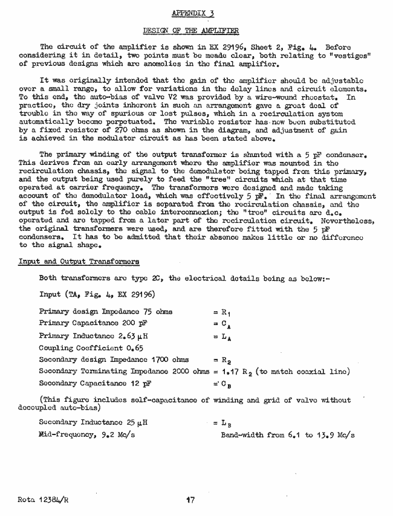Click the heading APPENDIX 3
coord(192,13)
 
